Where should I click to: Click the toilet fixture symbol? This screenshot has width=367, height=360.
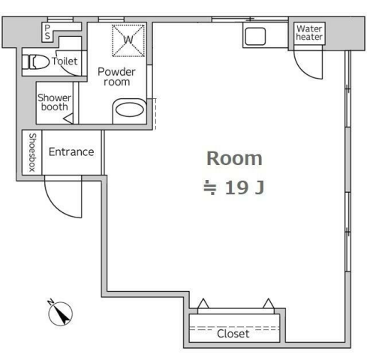pyautogui.click(x=36, y=62)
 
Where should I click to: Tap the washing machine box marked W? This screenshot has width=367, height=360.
pyautogui.click(x=128, y=40)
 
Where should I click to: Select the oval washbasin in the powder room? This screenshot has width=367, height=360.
pyautogui.click(x=130, y=110)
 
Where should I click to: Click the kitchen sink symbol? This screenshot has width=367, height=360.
pyautogui.click(x=255, y=36)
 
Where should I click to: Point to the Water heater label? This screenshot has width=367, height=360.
pyautogui.click(x=309, y=33)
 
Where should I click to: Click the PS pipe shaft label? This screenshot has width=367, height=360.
pyautogui.click(x=47, y=32)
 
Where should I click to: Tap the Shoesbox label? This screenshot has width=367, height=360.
pyautogui.click(x=32, y=152)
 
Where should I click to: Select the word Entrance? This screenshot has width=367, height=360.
pyautogui.click(x=71, y=152)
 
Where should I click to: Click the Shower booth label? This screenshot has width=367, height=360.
pyautogui.click(x=54, y=102)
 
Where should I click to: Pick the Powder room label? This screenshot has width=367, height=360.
pyautogui.click(x=116, y=76)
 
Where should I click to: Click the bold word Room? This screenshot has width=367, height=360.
pyautogui.click(x=234, y=158)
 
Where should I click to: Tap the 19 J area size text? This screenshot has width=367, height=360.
pyautogui.click(x=245, y=187)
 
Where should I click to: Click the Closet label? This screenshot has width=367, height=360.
pyautogui.click(x=233, y=334)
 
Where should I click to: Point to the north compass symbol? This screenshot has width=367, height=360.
pyautogui.click(x=59, y=313)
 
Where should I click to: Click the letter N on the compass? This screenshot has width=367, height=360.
pyautogui.click(x=51, y=302)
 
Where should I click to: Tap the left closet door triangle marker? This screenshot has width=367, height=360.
pyautogui.click(x=203, y=303)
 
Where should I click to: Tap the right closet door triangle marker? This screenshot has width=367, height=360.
pyautogui.click(x=269, y=303)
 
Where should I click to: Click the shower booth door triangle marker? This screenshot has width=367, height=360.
pyautogui.click(x=69, y=118)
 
